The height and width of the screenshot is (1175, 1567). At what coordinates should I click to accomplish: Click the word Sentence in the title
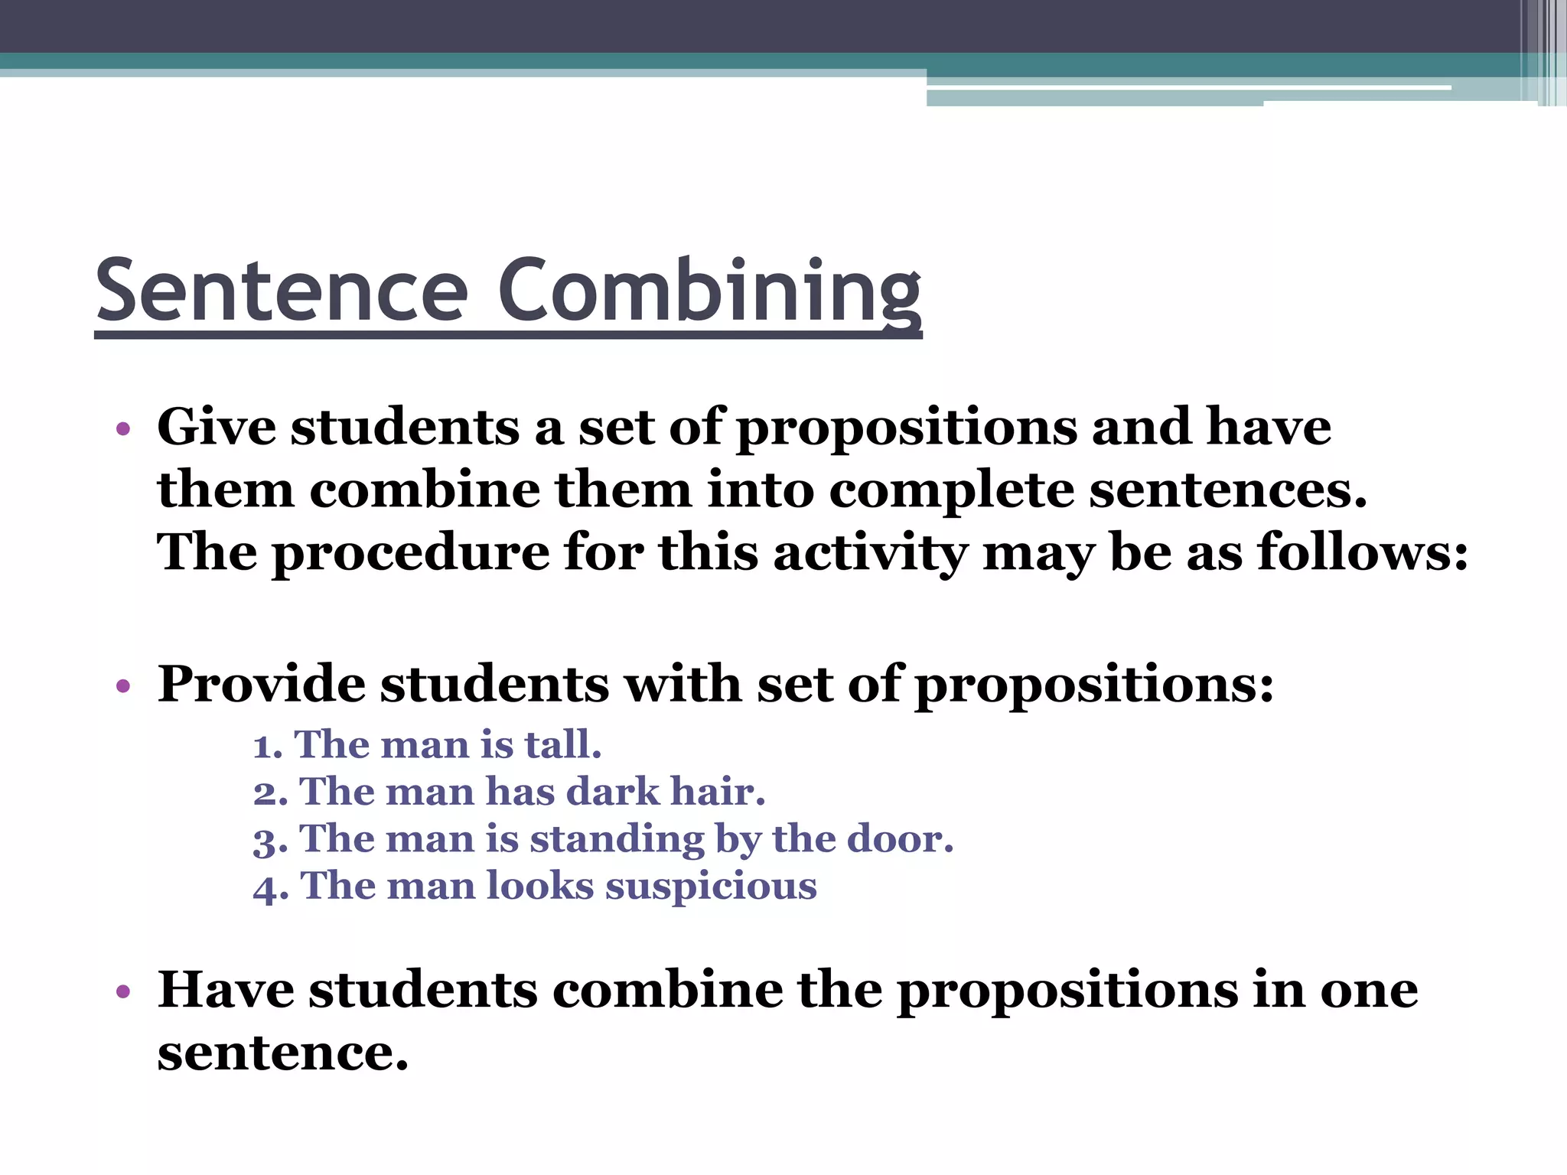click(282, 291)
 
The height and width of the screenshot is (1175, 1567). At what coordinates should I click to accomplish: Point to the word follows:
click(1363, 552)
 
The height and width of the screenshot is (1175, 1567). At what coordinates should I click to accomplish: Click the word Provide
click(261, 683)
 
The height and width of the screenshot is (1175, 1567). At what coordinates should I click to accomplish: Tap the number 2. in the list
click(270, 793)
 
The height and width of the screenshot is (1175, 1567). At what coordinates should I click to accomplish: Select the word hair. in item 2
click(718, 792)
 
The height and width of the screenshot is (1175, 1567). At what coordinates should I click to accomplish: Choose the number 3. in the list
click(270, 841)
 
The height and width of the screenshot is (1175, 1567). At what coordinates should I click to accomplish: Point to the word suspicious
click(711, 887)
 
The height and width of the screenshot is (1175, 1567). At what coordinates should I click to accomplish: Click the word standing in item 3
click(616, 841)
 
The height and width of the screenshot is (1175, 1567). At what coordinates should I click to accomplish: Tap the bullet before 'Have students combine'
click(123, 992)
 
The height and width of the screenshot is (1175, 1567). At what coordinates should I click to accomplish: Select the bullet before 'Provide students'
click(123, 685)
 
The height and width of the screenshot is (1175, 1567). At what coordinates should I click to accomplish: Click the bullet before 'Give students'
click(123, 428)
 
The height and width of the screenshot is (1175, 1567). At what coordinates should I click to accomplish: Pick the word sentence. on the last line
click(282, 1053)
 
